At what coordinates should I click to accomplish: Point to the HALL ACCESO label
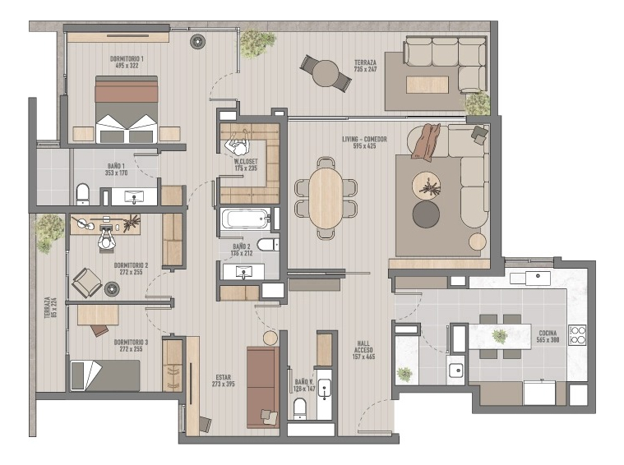pyautogui.click(x=363, y=351)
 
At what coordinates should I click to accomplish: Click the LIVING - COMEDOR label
pyautogui.click(x=364, y=143)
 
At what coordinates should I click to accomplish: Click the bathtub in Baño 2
pyautogui.click(x=244, y=219)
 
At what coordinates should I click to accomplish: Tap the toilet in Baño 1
pyautogui.click(x=82, y=195)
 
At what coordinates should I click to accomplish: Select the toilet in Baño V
pyautogui.click(x=300, y=408)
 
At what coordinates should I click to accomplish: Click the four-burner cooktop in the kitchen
pyautogui.click(x=577, y=334)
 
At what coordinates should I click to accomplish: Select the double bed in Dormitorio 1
pyautogui.click(x=127, y=110)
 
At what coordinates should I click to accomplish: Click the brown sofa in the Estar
pyautogui.click(x=263, y=385)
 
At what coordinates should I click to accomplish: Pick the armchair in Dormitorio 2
pyautogui.click(x=86, y=283)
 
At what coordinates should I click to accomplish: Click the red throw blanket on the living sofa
pyautogui.click(x=427, y=142)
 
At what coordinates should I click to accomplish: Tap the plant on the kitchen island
pyautogui.click(x=499, y=335)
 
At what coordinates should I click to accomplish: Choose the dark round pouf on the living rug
pyautogui.click(x=426, y=214)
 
